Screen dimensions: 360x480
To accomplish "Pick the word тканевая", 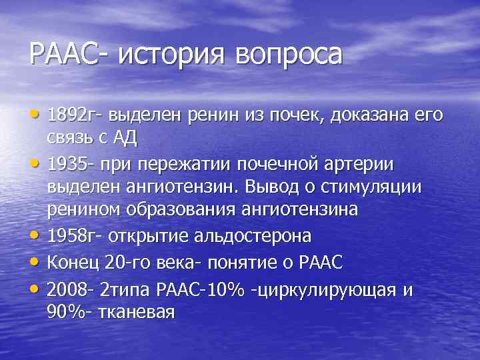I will click(x=138, y=311).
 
